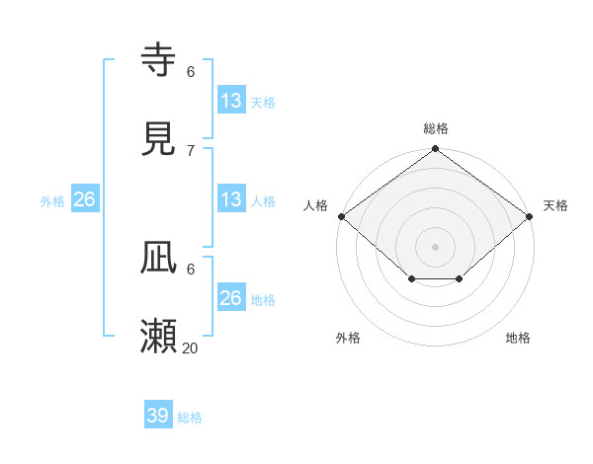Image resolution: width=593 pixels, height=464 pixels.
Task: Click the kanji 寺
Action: (159, 61)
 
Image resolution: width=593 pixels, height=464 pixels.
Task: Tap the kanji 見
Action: (159, 139)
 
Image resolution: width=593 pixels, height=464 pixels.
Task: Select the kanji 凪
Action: (159, 260)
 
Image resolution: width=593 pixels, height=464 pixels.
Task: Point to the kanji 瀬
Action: (159, 337)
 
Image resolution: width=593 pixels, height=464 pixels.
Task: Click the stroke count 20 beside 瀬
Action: (191, 348)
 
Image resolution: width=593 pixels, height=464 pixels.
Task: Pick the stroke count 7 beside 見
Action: (191, 150)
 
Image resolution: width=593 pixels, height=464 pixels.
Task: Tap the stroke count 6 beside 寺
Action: (191, 72)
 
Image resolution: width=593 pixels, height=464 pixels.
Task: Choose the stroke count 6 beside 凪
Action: (191, 269)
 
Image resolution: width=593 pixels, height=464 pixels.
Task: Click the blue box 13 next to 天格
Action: (231, 100)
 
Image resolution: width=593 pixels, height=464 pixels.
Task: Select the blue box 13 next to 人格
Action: (231, 198)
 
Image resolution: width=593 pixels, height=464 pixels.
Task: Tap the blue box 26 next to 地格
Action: (231, 297)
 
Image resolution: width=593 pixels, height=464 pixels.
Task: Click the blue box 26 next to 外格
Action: (84, 199)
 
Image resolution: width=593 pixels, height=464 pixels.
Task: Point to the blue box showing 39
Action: (158, 416)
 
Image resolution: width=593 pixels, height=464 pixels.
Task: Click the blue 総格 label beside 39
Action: (191, 418)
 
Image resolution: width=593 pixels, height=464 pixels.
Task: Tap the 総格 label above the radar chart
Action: (436, 128)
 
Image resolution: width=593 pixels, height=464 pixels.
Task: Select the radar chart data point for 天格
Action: (531, 216)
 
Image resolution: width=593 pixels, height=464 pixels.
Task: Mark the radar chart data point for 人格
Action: (341, 216)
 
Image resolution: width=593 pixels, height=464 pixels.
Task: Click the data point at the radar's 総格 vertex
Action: (436, 149)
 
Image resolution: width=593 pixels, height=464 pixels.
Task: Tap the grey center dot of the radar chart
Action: (436, 246)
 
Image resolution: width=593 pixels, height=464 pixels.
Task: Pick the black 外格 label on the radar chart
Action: (348, 338)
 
